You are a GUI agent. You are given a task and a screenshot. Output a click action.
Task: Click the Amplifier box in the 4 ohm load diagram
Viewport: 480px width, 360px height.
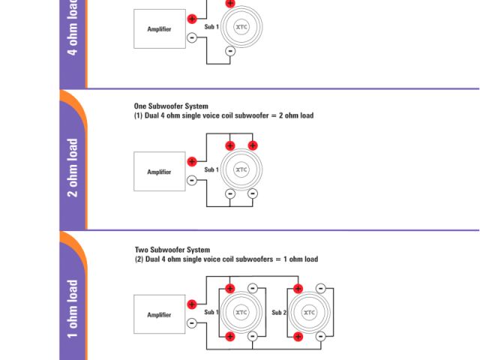pyautogui.click(x=160, y=29)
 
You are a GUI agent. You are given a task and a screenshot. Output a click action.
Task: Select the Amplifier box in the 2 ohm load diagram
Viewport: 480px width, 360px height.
pyautogui.click(x=160, y=172)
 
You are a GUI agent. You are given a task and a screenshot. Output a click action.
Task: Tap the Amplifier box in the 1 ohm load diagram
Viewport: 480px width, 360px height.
pyautogui.click(x=160, y=314)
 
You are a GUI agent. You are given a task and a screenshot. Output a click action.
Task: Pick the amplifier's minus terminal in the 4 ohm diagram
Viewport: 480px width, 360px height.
pyautogui.click(x=192, y=37)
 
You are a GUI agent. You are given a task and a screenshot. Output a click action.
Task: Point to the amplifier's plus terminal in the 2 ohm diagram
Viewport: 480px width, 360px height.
pyautogui.click(x=192, y=161)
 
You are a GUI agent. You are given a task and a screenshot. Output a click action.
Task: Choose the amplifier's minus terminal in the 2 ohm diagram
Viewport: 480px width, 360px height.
pyautogui.click(x=192, y=180)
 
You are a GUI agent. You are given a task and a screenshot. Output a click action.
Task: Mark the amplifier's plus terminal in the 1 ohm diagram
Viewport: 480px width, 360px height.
pyautogui.click(x=192, y=304)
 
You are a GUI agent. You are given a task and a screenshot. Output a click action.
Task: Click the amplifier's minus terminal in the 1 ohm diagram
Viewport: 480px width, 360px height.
pyautogui.click(x=192, y=322)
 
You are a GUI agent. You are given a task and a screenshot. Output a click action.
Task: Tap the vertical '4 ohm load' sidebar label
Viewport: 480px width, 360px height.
pyautogui.click(x=73, y=30)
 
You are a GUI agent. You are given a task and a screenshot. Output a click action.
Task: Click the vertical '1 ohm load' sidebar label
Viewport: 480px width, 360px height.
pyautogui.click(x=73, y=309)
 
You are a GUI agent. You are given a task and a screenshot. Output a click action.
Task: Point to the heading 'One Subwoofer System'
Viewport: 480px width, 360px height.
pyautogui.click(x=171, y=106)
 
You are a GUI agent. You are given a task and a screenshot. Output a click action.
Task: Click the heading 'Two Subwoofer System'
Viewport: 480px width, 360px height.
pyautogui.click(x=172, y=250)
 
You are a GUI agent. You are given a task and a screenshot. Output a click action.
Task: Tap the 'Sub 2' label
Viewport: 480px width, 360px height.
pyautogui.click(x=279, y=312)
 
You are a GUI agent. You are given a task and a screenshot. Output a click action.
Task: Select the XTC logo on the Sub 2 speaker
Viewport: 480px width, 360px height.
pyautogui.click(x=310, y=312)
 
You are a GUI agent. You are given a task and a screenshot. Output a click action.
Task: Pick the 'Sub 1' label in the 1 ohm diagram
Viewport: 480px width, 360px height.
pyautogui.click(x=211, y=312)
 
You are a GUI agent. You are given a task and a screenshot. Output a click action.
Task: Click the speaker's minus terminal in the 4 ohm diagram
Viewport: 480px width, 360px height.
pyautogui.click(x=230, y=51)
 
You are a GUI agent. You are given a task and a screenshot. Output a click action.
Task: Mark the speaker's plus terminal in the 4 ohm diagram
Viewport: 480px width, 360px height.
pyautogui.click(x=230, y=3)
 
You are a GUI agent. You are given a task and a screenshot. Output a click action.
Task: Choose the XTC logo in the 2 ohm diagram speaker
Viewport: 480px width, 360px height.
pyautogui.click(x=241, y=169)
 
